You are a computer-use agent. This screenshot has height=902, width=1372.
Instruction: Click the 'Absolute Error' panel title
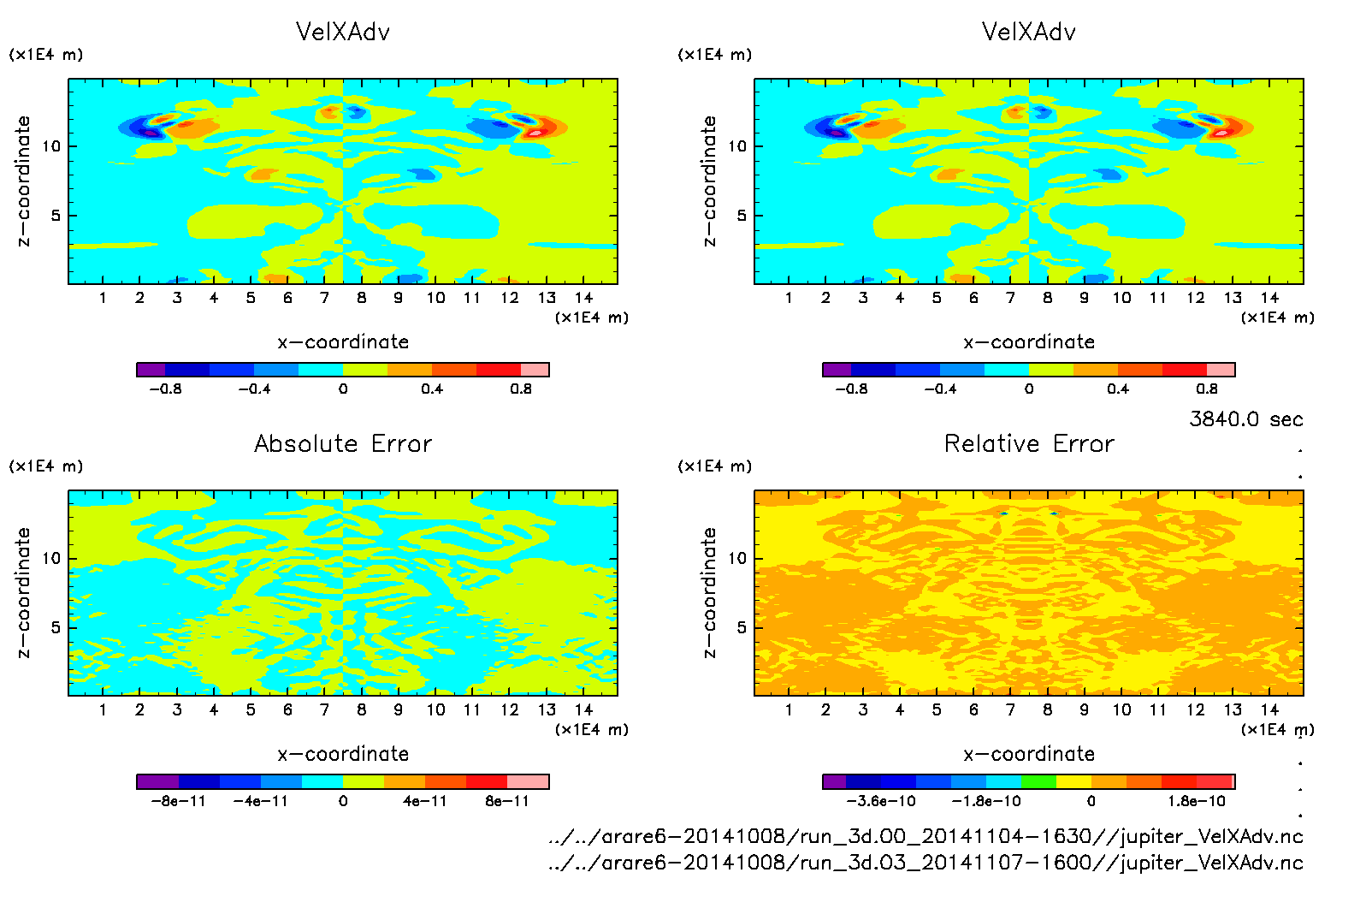[343, 443]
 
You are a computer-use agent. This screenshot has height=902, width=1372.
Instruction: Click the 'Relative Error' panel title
[1029, 443]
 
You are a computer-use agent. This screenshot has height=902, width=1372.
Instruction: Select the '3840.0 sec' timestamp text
[1245, 419]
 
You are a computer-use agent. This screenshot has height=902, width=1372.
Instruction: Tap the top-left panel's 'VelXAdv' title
[343, 32]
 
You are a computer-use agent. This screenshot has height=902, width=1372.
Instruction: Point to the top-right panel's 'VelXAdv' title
[1029, 32]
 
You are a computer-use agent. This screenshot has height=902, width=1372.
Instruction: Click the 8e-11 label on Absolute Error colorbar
[507, 801]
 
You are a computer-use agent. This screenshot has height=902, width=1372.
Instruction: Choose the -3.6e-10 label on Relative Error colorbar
[880, 801]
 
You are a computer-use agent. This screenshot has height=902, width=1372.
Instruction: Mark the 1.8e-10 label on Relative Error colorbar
[1197, 801]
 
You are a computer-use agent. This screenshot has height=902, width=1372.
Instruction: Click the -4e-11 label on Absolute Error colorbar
[260, 801]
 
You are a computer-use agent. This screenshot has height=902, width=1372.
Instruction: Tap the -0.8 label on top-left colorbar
[165, 389]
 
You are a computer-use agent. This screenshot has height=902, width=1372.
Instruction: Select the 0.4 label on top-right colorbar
[1118, 389]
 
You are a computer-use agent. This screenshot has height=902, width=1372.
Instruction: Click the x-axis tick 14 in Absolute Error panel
[583, 709]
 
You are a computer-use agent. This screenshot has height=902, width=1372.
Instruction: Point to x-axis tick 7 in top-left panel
[324, 298]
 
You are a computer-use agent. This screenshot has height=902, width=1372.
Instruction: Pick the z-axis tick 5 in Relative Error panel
[742, 627]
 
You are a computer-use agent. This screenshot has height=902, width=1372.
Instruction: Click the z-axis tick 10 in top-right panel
[737, 146]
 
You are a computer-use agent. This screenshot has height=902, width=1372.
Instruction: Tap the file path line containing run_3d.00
[926, 836]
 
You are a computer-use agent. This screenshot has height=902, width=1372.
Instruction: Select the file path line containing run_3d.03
[926, 863]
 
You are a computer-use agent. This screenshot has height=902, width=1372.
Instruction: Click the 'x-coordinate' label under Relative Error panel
[1029, 754]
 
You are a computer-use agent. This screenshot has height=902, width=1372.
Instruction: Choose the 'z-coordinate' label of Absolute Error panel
[24, 592]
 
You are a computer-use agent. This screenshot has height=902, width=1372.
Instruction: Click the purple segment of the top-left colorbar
[151, 370]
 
